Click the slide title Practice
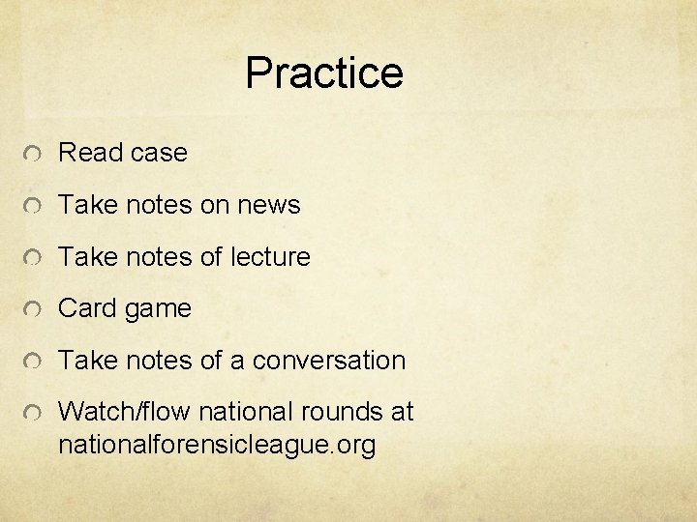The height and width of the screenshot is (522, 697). (x=323, y=73)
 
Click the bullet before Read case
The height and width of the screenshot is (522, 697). (x=33, y=155)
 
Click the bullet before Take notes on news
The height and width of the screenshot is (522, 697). (x=33, y=207)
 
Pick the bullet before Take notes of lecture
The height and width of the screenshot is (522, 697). (x=33, y=258)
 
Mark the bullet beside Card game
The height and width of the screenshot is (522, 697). (x=33, y=310)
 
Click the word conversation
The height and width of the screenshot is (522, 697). (x=328, y=361)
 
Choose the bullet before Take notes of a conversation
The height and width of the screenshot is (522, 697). (x=33, y=362)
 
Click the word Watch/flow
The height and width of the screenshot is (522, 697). (x=125, y=412)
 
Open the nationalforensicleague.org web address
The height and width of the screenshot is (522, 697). (x=217, y=446)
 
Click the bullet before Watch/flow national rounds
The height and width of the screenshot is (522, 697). (x=33, y=414)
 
